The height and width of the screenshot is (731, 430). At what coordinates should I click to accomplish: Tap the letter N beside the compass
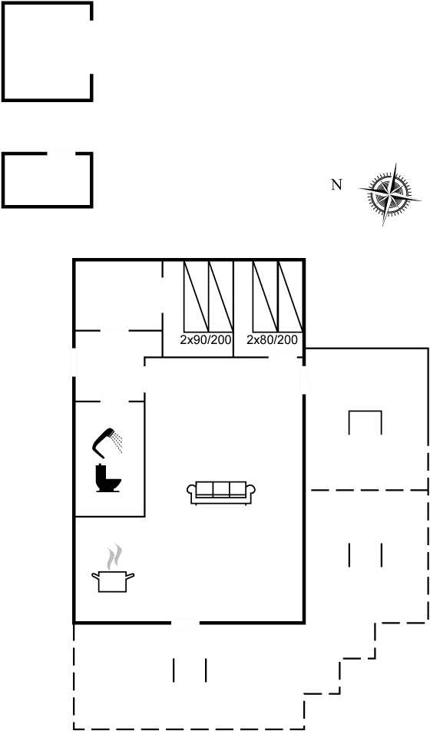coord(335,184)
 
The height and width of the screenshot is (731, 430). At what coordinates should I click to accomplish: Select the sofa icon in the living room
coord(221,491)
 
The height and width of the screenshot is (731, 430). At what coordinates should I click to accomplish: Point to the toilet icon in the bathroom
coord(108,481)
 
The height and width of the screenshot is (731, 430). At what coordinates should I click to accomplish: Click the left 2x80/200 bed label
coord(206,339)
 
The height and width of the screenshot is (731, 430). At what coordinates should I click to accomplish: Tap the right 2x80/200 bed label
coord(273,339)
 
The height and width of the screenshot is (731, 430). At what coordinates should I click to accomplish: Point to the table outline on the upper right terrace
coord(365,422)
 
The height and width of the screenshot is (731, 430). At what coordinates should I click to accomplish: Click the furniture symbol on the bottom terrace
coord(190,670)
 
